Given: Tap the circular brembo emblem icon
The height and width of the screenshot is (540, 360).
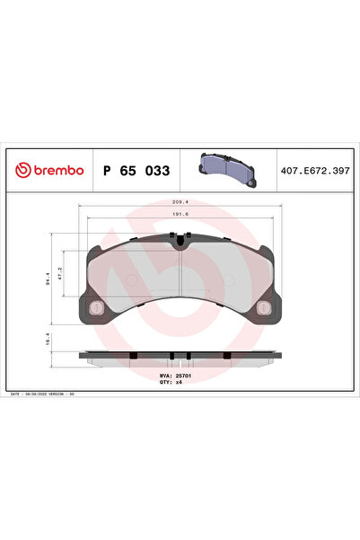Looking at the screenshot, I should click(x=19, y=170).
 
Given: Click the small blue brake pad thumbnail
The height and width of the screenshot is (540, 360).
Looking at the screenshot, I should click(x=225, y=167).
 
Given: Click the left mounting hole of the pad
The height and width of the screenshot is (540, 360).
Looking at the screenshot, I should click(x=95, y=309).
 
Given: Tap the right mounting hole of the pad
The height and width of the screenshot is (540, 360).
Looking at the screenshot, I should click(x=264, y=309).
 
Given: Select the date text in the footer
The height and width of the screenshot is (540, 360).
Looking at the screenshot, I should click(x=36, y=394).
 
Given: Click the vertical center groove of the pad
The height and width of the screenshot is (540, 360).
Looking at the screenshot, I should click(x=180, y=270).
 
